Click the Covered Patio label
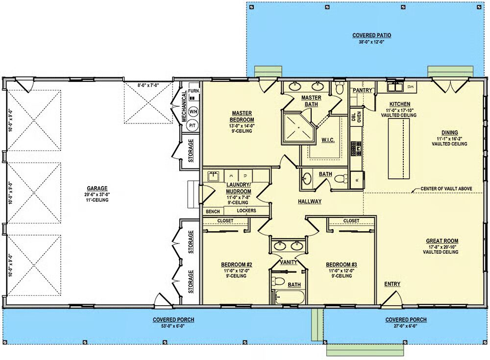371,36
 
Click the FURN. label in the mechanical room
194,91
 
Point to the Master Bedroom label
242,116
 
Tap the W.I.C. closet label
328,140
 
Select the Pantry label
362,90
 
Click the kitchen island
399,149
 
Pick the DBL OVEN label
356,117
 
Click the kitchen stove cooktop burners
356,148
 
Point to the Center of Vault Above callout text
446,189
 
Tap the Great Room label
442,241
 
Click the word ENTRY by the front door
392,284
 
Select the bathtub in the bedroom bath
290,297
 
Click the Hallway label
309,202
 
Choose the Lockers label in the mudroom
246,211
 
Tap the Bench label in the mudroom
213,212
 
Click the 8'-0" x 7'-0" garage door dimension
148,85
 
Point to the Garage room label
97,189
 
